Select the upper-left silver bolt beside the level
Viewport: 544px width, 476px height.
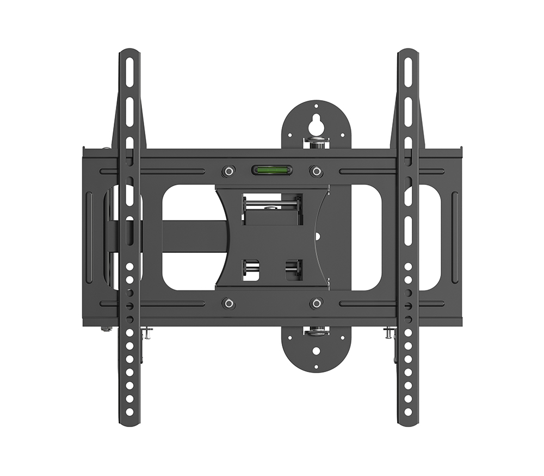[228, 171]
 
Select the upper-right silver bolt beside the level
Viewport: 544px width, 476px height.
[315, 171]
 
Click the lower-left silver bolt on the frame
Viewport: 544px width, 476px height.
[228, 303]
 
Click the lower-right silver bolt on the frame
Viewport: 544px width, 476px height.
[316, 303]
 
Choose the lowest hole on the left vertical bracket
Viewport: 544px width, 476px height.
[129, 412]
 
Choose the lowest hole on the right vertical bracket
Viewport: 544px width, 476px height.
[407, 412]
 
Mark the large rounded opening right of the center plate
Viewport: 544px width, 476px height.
[366, 237]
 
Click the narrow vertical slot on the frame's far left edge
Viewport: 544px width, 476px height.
[89, 237]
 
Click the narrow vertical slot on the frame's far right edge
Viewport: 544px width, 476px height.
[454, 237]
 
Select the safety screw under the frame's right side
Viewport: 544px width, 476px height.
[388, 332]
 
